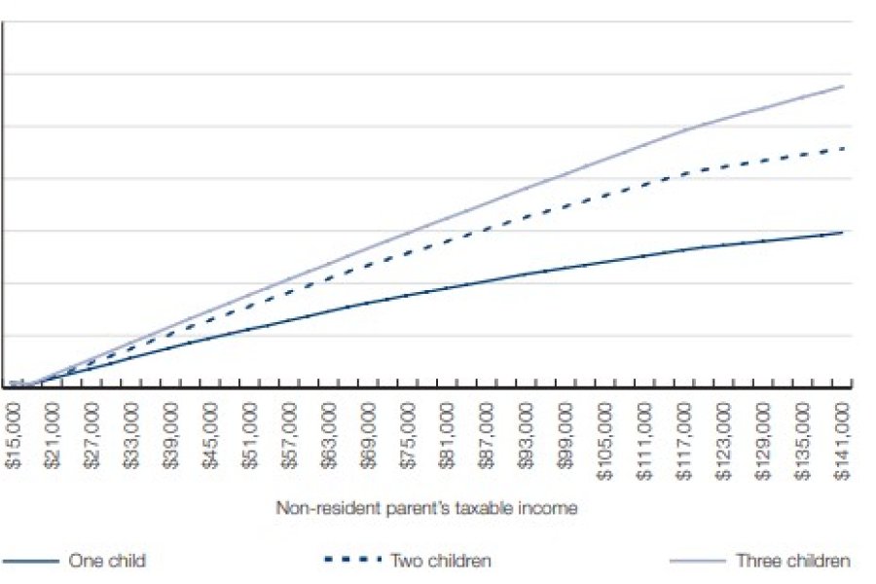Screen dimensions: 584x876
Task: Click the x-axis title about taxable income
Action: (428, 507)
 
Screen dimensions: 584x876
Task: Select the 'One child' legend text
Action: (107, 561)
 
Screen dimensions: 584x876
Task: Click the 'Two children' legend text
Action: (440, 561)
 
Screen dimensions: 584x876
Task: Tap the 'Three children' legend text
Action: (792, 561)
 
